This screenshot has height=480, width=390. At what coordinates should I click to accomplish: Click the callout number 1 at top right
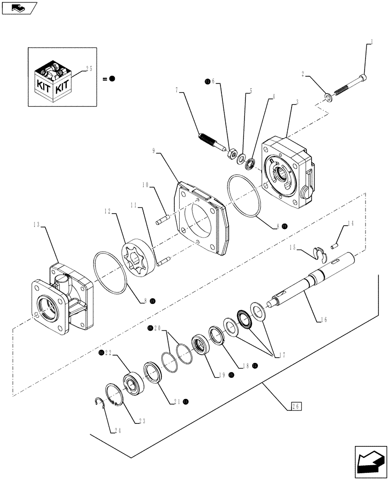click(371, 42)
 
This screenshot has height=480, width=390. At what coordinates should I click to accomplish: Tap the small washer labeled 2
click(329, 98)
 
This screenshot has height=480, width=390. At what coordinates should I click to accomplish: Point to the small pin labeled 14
click(335, 245)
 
